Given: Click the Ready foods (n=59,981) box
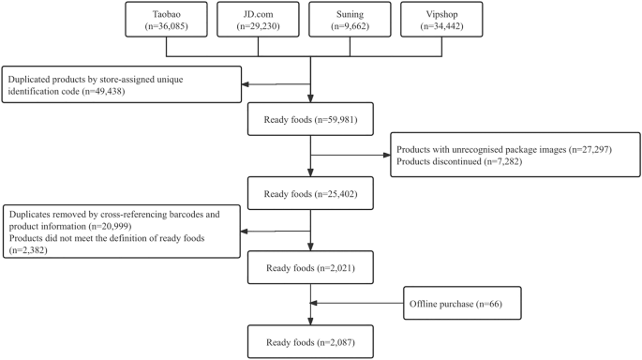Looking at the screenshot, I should point(309,121).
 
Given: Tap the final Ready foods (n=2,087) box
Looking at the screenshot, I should point(309,339).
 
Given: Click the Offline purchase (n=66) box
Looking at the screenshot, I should point(463,306).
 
